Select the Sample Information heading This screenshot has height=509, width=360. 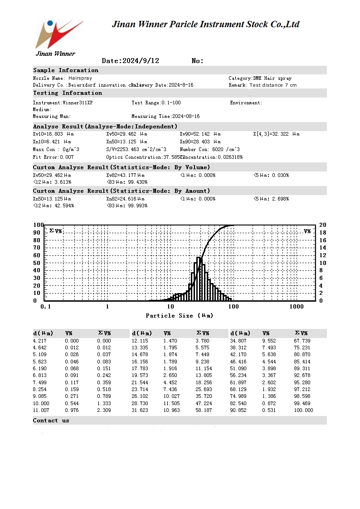point(66,70)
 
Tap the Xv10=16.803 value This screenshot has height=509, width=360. point(52,134)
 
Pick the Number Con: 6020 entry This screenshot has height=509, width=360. point(210,150)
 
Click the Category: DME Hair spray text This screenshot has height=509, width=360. point(260,78)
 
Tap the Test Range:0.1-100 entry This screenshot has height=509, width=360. point(156,103)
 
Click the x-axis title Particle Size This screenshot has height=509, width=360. point(179,315)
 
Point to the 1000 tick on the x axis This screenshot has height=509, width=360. point(297,307)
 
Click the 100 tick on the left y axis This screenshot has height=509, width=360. point(38,225)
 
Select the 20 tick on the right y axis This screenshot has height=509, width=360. point(322,225)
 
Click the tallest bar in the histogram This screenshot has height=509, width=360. point(199,279)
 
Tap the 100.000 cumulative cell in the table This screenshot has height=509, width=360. point(303,411)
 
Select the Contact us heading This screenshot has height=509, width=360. point(51,421)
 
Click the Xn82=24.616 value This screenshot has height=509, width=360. point(125,199)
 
